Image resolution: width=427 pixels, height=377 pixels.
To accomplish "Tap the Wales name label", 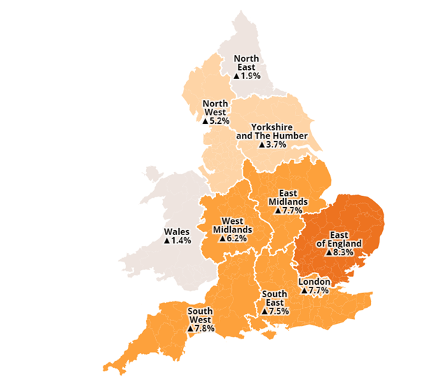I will pos(177,232).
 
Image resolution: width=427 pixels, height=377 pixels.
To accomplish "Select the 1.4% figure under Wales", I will pos(181,241).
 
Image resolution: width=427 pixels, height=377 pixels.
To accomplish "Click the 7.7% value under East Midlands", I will pos(291,210).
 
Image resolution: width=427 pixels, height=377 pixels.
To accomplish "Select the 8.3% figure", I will pos(346,253).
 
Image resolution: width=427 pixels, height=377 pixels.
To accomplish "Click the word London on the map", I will pos(314,281).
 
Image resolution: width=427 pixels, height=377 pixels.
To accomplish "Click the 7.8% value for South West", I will pos(204,327).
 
